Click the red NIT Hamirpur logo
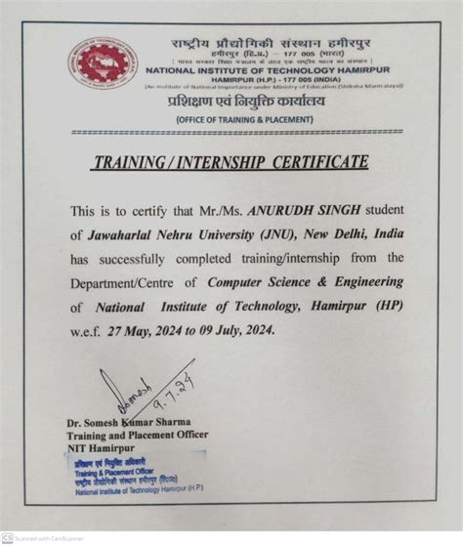pos(103,63)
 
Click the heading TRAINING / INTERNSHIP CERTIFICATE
pos(231,162)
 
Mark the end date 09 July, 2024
pos(236,329)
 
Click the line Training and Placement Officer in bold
pos(138,434)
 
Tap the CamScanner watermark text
pos(45,538)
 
